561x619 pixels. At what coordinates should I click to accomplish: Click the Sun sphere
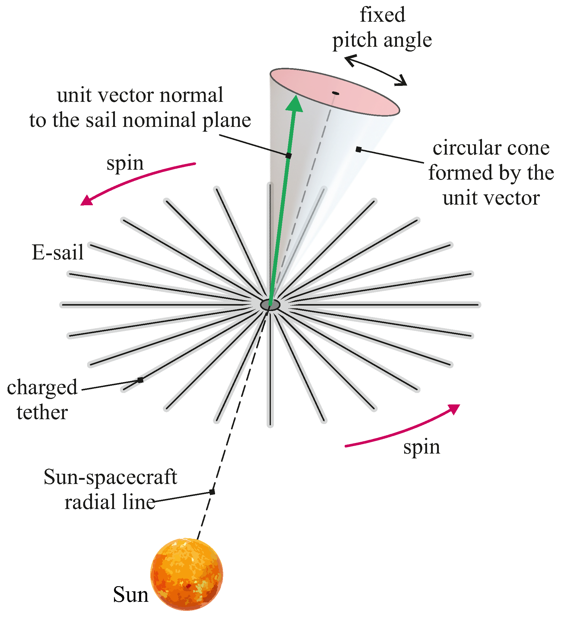click(x=186, y=574)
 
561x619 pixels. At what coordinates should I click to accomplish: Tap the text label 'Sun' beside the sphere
click(x=131, y=595)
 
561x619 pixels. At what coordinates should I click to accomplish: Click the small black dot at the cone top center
click(x=336, y=93)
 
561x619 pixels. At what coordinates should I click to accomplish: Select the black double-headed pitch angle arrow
click(x=376, y=70)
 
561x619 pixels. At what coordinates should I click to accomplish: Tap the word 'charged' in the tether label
click(x=42, y=388)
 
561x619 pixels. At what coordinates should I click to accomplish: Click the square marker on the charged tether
click(x=141, y=380)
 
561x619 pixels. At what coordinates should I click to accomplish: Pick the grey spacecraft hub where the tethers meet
click(x=270, y=305)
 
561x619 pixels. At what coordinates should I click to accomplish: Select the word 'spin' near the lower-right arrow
click(x=422, y=447)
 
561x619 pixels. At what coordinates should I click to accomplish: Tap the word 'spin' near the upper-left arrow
click(x=125, y=163)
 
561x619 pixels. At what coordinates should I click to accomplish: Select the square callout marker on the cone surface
click(x=359, y=149)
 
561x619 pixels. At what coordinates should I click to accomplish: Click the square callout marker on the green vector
click(x=288, y=156)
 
